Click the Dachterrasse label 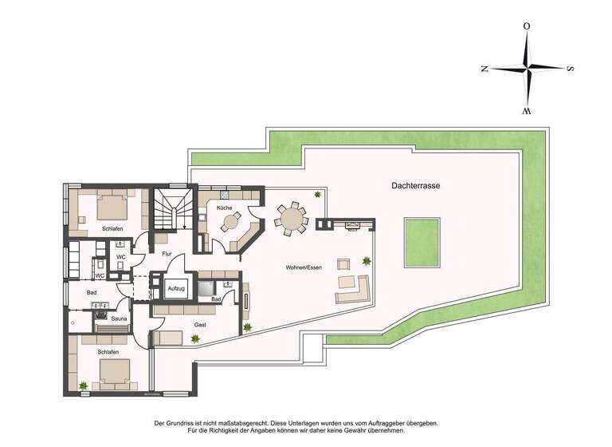coord(416,185)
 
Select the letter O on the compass coord(526,26)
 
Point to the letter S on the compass coord(570,69)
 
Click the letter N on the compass coord(484,69)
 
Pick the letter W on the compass coord(526,111)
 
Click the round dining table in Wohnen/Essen coord(290,216)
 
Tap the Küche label coord(224,208)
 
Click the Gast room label coord(200,325)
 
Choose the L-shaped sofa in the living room coord(355,290)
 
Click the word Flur coord(167,254)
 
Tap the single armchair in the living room coord(344,264)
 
